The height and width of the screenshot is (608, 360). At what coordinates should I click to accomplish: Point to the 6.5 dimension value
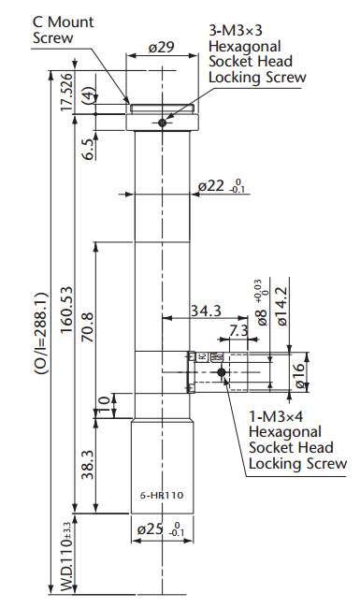tap(87, 148)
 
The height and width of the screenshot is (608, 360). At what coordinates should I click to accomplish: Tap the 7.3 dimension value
tap(238, 331)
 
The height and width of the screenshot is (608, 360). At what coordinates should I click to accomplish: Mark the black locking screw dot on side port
tap(223, 372)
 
